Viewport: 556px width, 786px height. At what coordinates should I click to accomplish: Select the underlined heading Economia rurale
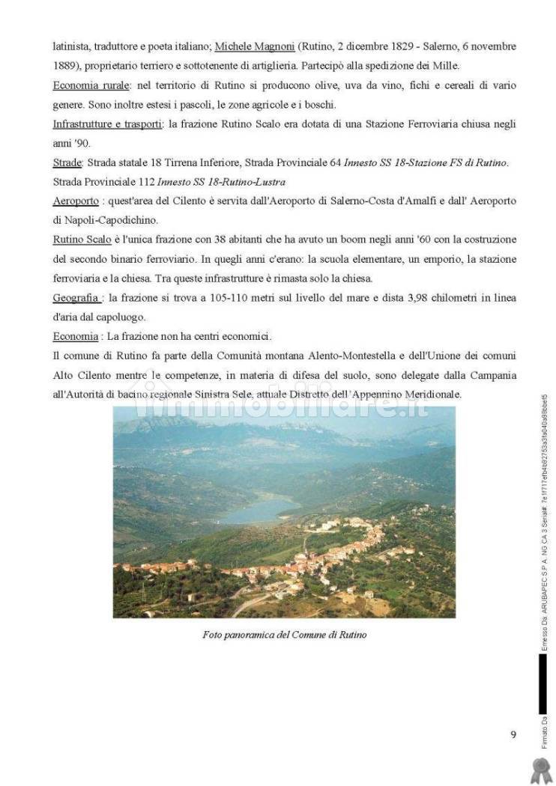tap(91, 85)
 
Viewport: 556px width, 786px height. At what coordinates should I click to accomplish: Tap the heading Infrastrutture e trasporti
tap(107, 124)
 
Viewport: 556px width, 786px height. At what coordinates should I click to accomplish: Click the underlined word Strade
tap(67, 162)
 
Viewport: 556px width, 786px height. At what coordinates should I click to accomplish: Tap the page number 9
tap(513, 734)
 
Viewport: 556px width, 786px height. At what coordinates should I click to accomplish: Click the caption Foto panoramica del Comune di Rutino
tap(284, 635)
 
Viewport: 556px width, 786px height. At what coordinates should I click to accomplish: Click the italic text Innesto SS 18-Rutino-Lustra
tap(222, 182)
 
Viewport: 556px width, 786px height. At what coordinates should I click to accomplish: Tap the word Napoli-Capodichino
tap(107, 221)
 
